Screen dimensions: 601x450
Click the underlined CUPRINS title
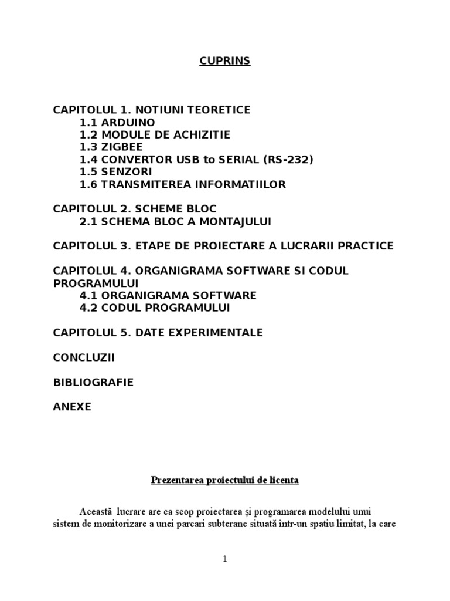point(224,61)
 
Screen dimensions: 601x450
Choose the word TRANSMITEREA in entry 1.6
point(150,184)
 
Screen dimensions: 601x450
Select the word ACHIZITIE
point(200,135)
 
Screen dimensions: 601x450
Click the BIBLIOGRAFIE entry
point(93,382)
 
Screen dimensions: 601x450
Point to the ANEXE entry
point(72,406)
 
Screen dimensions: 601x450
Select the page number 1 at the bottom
point(224,559)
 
